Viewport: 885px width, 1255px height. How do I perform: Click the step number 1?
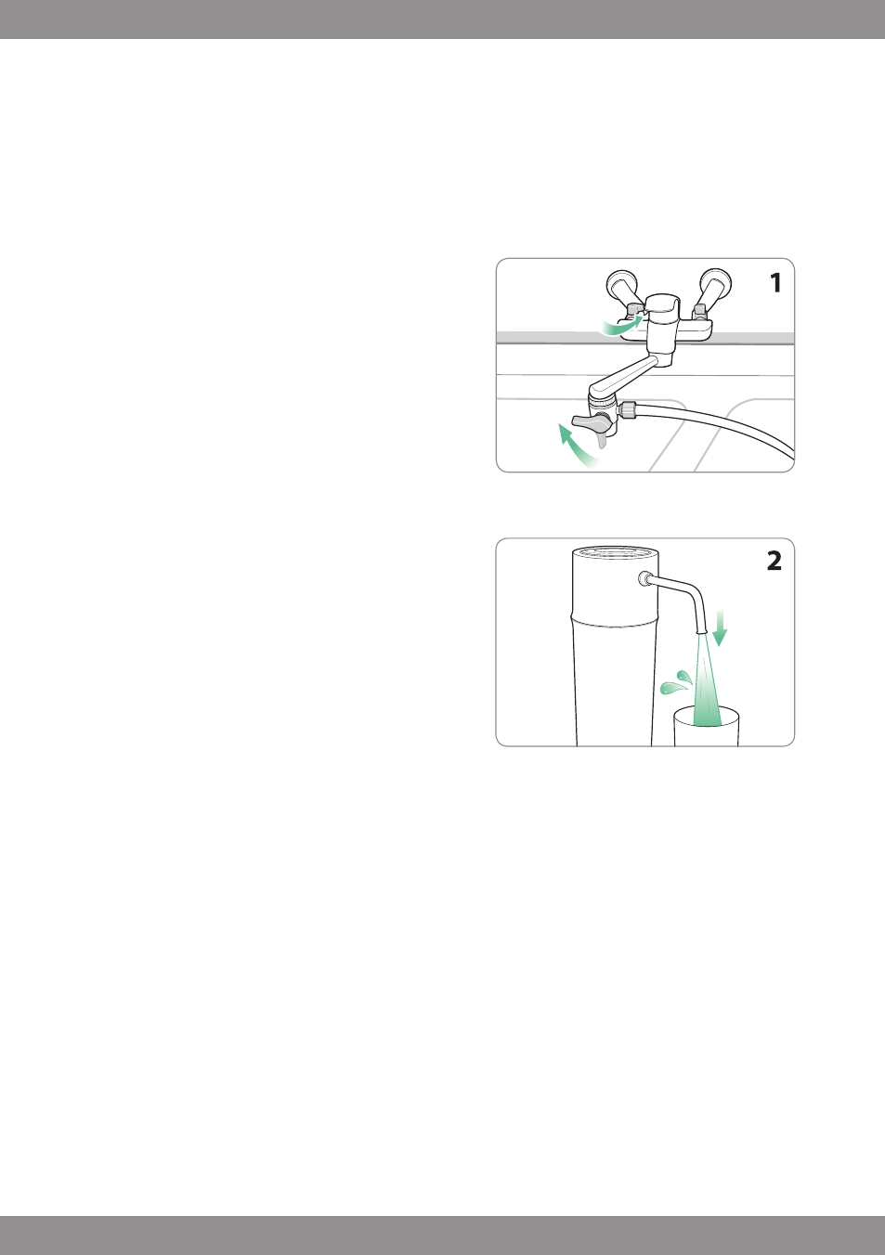[x=775, y=283]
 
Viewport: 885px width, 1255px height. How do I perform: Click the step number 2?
[x=774, y=561]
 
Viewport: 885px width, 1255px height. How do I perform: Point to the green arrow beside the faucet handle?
[x=623, y=326]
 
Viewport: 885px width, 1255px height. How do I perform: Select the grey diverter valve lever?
[x=591, y=420]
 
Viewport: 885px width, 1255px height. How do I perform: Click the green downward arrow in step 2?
[x=720, y=627]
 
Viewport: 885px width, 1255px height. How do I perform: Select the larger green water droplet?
[x=673, y=687]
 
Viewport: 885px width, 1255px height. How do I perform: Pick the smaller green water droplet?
[x=684, y=677]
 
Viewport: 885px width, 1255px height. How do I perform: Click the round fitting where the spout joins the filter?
[x=644, y=578]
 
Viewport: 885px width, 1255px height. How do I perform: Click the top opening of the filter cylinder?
[x=616, y=553]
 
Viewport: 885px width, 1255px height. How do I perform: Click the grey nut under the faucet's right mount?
[x=699, y=309]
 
